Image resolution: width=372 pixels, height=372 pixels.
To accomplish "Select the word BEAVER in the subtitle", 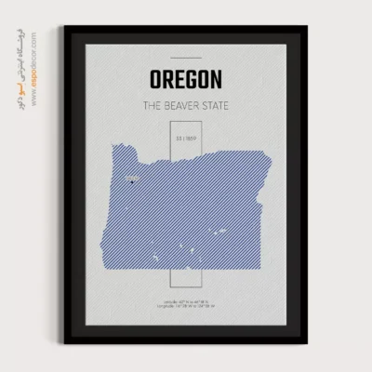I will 190,105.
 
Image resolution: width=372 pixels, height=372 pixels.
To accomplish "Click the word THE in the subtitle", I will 153,105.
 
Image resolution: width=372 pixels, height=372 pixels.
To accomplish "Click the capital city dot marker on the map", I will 132,183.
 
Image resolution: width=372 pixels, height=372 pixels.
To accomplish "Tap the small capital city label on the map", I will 131,176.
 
